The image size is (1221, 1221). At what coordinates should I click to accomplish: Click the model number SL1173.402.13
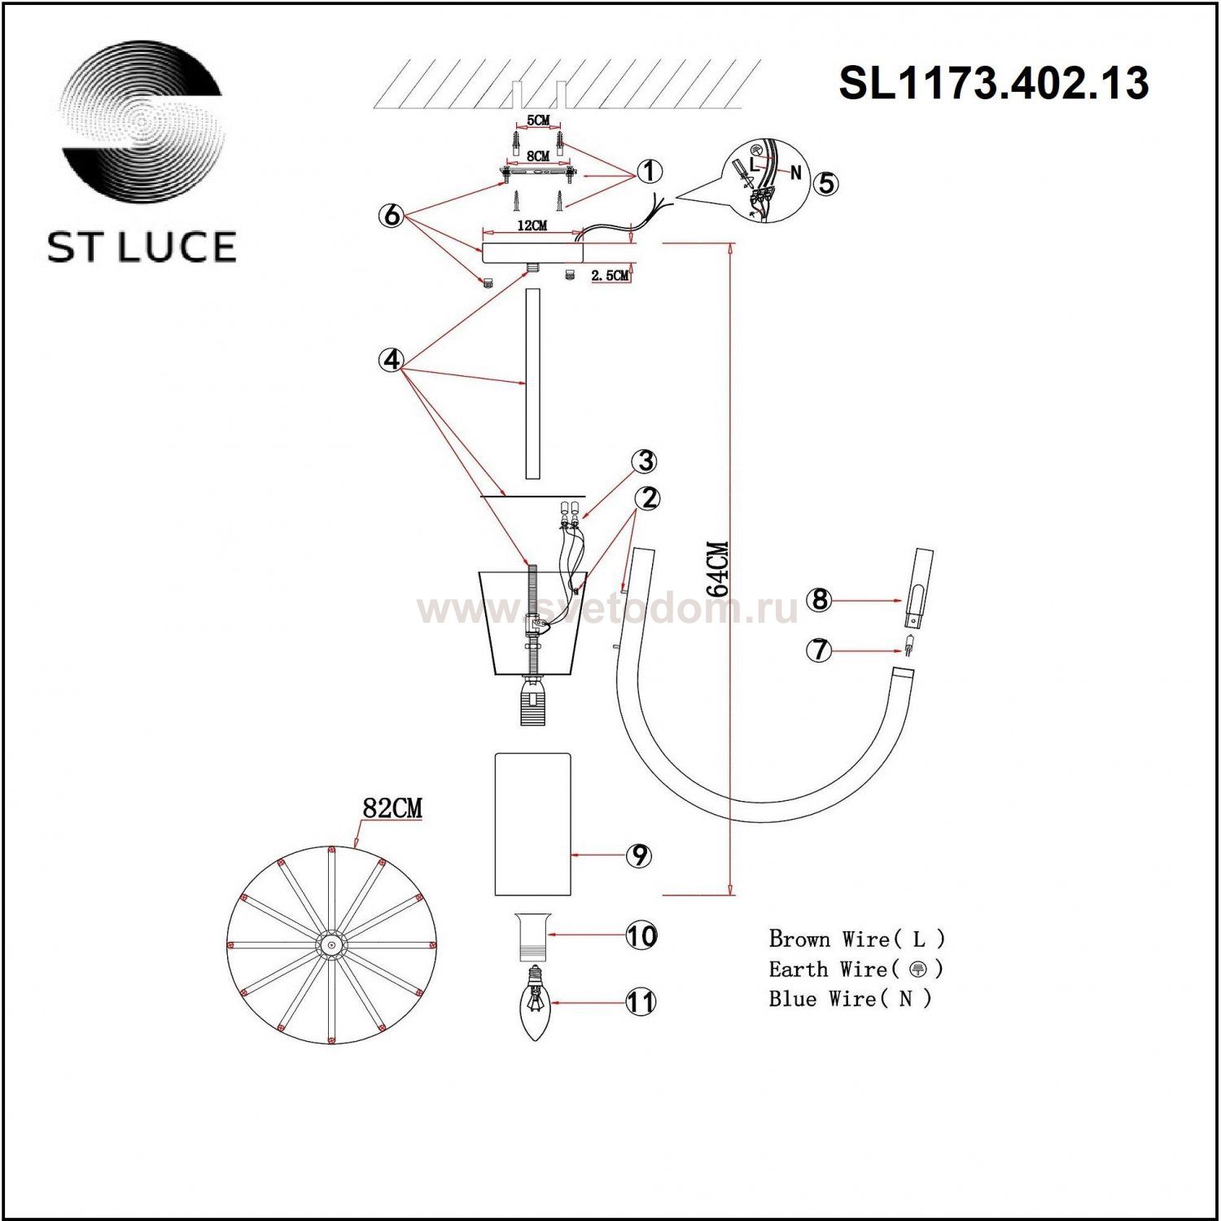coord(993,83)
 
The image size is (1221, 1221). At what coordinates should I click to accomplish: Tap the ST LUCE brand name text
coord(142,247)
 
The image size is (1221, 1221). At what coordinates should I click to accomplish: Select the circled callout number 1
coord(649,172)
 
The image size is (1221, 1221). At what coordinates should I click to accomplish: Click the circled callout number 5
coord(825,183)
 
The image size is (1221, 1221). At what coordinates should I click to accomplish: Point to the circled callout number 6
coord(392,216)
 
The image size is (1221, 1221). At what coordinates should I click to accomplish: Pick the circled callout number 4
coord(392,360)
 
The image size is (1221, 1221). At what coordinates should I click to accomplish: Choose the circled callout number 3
coord(646,462)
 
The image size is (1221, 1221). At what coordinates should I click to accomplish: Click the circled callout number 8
coord(820,600)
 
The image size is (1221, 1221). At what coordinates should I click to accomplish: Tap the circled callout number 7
coord(820,650)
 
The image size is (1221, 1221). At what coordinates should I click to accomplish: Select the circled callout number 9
coord(639,856)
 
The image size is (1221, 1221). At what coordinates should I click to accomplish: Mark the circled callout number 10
coord(641,935)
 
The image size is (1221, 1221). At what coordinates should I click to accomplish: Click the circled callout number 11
coord(641,1002)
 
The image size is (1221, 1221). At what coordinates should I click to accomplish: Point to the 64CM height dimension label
coord(717,569)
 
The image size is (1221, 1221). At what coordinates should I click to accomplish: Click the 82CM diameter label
coord(392,808)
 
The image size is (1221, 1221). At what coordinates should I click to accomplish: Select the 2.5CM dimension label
coord(610,276)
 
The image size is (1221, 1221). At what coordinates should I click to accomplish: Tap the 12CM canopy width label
coord(532,225)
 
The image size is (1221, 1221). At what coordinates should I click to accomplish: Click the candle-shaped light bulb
coord(534,1006)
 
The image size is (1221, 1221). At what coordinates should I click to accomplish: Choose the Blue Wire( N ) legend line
coord(850,999)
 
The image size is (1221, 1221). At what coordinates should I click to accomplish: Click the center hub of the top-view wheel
coord(331,945)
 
